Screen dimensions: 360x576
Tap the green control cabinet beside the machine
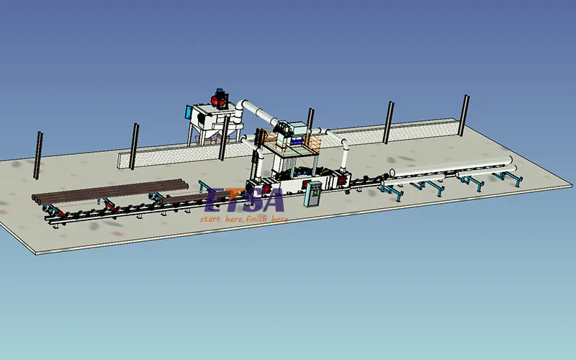point(312,193)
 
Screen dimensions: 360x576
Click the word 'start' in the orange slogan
point(212,218)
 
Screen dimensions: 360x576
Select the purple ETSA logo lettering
point(245,199)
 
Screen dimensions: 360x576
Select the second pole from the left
point(134,146)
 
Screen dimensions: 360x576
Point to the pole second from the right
point(389,122)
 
